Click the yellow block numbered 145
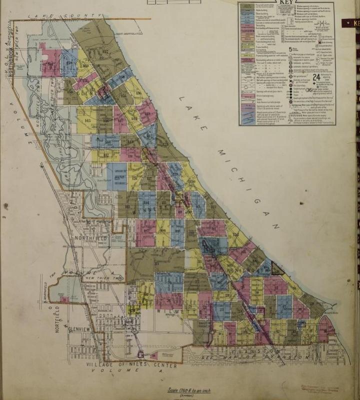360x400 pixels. (x=86, y=120)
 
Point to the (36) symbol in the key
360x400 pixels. (x=309, y=90)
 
